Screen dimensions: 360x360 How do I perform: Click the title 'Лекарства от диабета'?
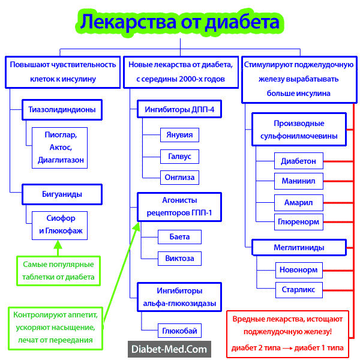[180, 22]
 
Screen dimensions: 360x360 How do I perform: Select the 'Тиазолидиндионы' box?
[62, 110]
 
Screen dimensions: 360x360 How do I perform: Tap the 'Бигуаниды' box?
[62, 194]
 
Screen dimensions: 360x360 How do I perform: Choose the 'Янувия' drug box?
[179, 135]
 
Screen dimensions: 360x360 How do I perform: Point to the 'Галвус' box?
[179, 156]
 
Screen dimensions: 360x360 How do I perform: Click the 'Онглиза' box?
[179, 177]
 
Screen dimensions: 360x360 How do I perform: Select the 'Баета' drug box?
[179, 237]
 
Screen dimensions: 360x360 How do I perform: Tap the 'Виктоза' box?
[179, 259]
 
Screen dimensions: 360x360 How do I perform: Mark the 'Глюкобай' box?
[179, 331]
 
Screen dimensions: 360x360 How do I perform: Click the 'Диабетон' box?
[298, 161]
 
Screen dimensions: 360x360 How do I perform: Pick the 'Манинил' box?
[298, 180]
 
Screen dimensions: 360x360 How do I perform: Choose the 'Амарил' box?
[298, 202]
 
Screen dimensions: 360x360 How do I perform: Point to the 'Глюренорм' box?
[298, 221]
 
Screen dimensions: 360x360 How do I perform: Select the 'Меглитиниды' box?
[298, 247]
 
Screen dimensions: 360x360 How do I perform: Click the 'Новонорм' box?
[298, 269]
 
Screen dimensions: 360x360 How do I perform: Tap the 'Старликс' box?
[298, 290]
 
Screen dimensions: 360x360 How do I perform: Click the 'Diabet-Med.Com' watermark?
[169, 348]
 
